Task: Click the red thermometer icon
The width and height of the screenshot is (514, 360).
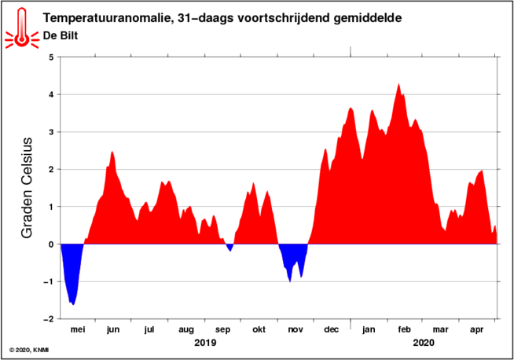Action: point(20,26)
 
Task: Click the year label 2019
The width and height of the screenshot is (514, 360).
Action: point(204,343)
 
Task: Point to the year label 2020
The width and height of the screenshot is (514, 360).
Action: point(423,343)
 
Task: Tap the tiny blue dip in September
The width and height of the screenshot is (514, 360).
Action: point(229,248)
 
